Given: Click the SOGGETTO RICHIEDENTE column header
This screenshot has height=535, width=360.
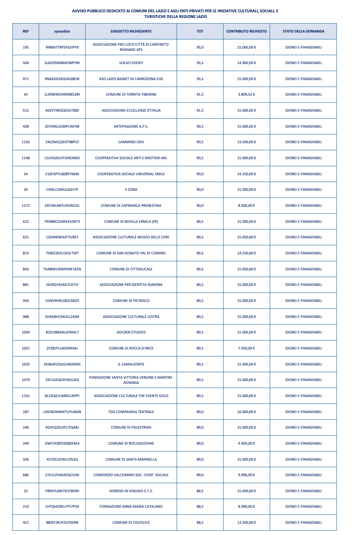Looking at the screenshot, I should pyautogui.click(x=131, y=31).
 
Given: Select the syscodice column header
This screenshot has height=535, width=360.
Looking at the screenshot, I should pyautogui.click(x=62, y=31).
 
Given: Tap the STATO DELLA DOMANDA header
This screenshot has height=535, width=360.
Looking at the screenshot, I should pyautogui.click(x=303, y=31).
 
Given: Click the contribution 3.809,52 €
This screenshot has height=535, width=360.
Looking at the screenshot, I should pyautogui.click(x=247, y=95).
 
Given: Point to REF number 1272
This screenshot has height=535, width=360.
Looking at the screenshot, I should pyautogui.click(x=26, y=206).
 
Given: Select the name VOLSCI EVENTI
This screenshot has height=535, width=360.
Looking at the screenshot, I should pyautogui.click(x=131, y=63).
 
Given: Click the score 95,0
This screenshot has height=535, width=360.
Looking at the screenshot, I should pyautogui.click(x=200, y=47).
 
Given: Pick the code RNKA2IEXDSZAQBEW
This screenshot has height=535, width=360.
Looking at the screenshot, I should pyautogui.click(x=62, y=79).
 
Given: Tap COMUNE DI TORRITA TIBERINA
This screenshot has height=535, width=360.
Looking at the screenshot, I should pyautogui.click(x=131, y=95).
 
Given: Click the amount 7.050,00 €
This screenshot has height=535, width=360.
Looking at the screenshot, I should pyautogui.click(x=247, y=349).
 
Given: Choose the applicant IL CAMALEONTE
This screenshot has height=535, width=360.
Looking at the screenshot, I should pyautogui.click(x=131, y=365).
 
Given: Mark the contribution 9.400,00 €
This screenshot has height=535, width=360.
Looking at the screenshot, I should pyautogui.click(x=247, y=444).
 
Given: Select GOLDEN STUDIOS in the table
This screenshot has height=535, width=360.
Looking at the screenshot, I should pyautogui.click(x=131, y=332).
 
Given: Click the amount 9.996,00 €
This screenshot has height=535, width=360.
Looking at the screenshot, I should pyautogui.click(x=247, y=475).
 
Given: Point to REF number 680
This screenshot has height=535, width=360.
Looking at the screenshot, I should pyautogui.click(x=26, y=475).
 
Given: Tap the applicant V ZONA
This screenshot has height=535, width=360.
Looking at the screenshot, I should pyautogui.click(x=131, y=190).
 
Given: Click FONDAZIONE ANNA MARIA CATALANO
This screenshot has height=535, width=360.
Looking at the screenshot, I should pyautogui.click(x=131, y=507).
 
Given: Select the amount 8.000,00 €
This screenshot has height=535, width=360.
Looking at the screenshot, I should pyautogui.click(x=247, y=206).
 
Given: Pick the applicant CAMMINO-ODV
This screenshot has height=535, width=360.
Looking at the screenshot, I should pyautogui.click(x=131, y=142).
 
